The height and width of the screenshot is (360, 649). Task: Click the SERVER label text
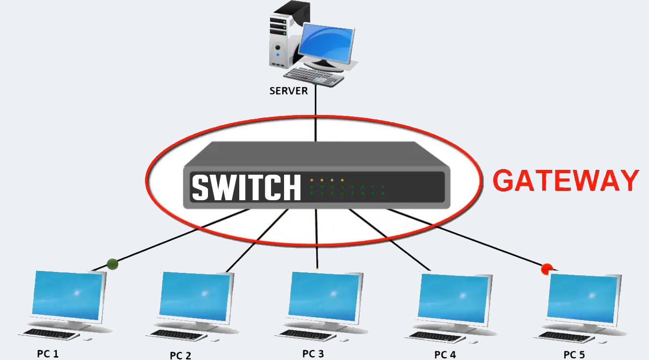click(288, 91)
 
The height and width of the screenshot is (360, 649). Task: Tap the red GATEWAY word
click(566, 181)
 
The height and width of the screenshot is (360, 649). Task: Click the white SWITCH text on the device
click(246, 187)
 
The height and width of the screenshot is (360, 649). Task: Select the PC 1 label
click(48, 354)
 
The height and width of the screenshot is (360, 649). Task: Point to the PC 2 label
click(180, 356)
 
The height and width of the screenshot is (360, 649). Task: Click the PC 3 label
click(313, 354)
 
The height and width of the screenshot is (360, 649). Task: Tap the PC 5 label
click(574, 355)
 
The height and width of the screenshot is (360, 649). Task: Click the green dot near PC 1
click(113, 264)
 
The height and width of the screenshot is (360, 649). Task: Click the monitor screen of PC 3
click(325, 295)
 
